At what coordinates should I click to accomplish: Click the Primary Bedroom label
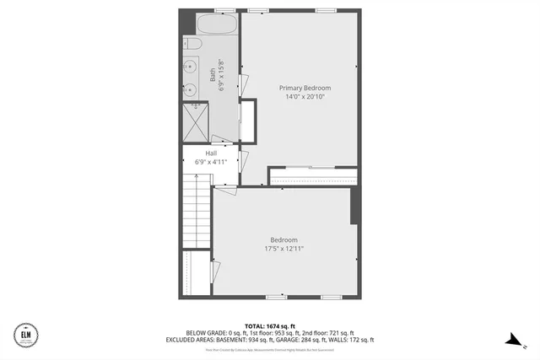[x=305, y=88]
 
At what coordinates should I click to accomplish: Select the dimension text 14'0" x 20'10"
[x=305, y=97]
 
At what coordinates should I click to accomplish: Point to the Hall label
[x=211, y=153]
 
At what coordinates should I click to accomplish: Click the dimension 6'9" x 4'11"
[x=211, y=161]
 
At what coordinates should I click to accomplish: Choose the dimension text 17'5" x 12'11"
[x=283, y=249]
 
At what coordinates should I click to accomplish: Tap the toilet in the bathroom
[x=191, y=43]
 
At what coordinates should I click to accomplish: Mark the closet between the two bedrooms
[x=312, y=177]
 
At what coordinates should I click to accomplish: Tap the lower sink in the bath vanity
[x=190, y=89]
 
